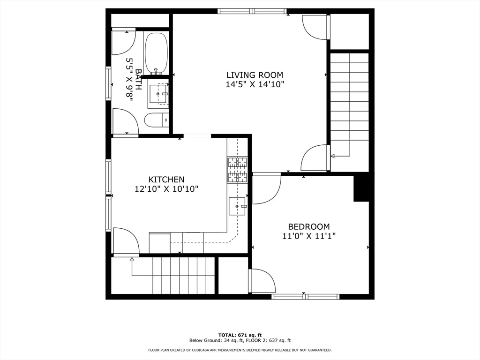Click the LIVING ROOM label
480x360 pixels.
tap(255, 75)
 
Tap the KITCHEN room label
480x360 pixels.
tap(166, 179)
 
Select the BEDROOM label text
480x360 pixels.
tap(308, 226)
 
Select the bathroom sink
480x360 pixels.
tap(158, 94)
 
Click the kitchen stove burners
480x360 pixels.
tap(237, 169)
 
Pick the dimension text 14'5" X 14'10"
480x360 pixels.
tap(255, 85)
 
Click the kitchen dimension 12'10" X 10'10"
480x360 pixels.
tap(166, 189)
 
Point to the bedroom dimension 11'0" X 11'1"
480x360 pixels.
tap(308, 236)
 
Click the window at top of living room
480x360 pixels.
tap(252, 11)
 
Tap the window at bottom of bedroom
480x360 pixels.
tap(306, 296)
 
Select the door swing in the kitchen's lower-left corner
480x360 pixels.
tap(126, 241)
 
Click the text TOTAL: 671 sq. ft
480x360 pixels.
tap(240, 335)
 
